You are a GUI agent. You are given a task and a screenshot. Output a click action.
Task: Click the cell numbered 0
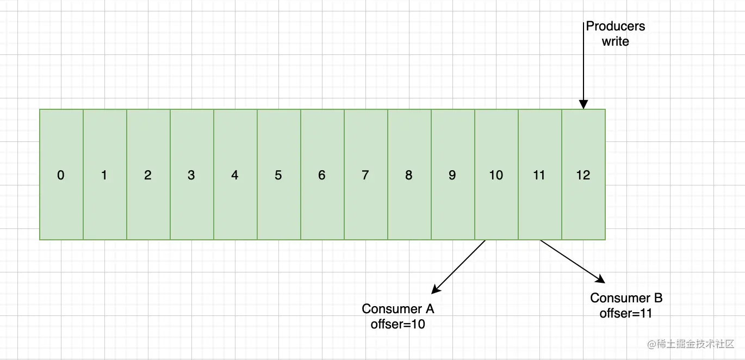61,175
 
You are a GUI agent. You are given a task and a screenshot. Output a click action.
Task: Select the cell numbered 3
192,175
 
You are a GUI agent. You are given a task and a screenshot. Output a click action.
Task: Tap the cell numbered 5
279,175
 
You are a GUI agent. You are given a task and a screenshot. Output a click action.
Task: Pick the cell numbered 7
366,175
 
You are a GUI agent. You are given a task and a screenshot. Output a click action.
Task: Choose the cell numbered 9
453,175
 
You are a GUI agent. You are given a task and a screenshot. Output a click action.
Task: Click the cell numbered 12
583,175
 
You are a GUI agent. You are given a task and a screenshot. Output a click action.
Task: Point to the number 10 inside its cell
496,175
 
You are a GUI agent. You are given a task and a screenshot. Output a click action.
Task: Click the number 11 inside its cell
539,175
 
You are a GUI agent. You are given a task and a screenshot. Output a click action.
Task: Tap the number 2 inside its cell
148,175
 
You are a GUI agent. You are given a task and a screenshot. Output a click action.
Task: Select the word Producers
615,26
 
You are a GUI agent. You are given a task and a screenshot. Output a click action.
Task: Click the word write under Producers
615,41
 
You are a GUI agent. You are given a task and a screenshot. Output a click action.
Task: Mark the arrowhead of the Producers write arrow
583,104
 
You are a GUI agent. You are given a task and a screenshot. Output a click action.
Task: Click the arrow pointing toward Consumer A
458,267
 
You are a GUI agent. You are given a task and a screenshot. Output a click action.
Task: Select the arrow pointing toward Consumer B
573,262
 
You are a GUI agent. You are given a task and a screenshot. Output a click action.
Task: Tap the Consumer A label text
398,309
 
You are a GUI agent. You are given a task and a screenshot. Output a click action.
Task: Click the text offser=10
398,324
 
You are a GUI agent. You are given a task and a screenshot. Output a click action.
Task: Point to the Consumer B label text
626,298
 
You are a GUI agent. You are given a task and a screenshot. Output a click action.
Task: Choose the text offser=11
626,313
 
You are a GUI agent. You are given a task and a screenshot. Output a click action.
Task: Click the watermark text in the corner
691,344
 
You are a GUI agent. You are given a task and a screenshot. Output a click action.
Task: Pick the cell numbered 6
322,175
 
